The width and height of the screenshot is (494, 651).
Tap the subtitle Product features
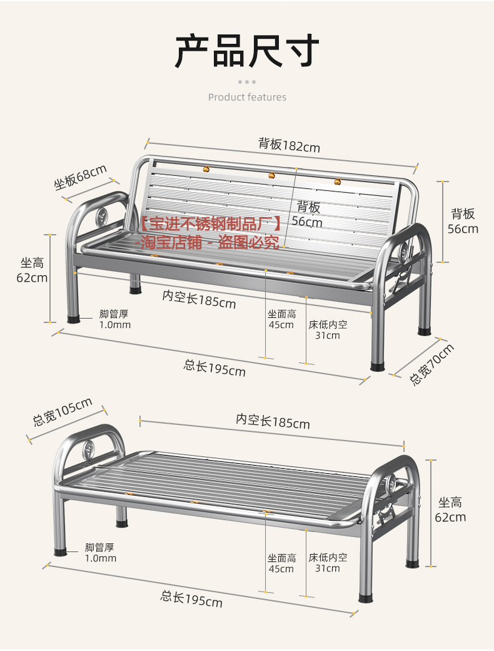pyautogui.click(x=247, y=97)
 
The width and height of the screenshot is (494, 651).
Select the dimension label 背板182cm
pyautogui.click(x=289, y=145)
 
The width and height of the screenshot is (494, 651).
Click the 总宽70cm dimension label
pyautogui.click(x=431, y=364)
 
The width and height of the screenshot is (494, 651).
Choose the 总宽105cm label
pyautogui.click(x=63, y=412)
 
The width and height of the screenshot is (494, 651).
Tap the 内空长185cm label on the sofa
pyautogui.click(x=199, y=299)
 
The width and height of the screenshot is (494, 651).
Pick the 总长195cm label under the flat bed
pyautogui.click(x=191, y=599)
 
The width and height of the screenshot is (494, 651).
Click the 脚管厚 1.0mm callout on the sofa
pyautogui.click(x=115, y=319)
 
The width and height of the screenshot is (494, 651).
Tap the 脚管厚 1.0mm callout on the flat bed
pyautogui.click(x=101, y=553)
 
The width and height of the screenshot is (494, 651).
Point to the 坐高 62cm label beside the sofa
pyautogui.click(x=32, y=270)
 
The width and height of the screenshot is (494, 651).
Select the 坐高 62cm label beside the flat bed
pyautogui.click(x=450, y=510)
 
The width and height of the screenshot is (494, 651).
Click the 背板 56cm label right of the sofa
pyautogui.click(x=463, y=221)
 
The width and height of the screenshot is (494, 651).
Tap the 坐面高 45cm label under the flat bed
pyautogui.click(x=281, y=563)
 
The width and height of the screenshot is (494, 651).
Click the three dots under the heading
pyautogui.click(x=247, y=82)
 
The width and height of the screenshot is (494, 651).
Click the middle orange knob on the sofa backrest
pyautogui.click(x=271, y=176)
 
